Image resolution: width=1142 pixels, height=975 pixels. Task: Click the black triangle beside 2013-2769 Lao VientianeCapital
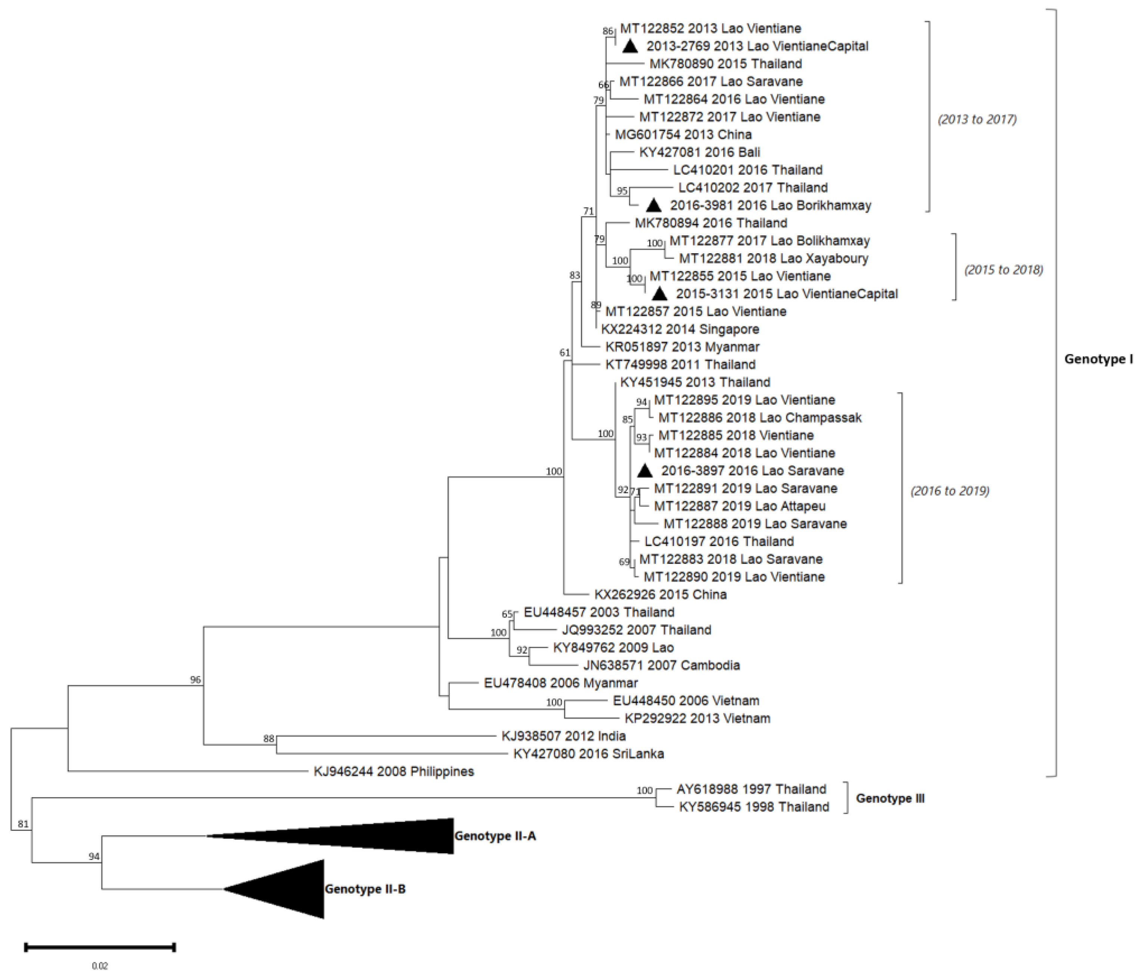(630, 47)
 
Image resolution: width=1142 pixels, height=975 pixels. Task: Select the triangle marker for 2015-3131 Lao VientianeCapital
(660, 294)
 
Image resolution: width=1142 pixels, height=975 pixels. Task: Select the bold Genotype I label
(1098, 359)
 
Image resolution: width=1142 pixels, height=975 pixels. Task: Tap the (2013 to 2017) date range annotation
(977, 119)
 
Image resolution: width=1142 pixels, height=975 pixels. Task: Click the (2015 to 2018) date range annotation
(1003, 270)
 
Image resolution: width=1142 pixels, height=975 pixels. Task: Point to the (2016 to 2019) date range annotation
(950, 491)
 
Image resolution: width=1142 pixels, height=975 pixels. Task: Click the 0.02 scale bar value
(100, 966)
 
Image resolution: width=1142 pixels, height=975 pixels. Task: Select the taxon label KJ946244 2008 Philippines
(393, 771)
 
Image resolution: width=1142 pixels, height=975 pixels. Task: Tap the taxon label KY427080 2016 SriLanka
(589, 754)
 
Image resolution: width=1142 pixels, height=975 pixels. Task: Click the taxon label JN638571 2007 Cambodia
(662, 665)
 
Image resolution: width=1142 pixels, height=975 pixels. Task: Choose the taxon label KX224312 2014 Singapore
(680, 330)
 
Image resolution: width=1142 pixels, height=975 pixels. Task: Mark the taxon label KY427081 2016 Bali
(699, 152)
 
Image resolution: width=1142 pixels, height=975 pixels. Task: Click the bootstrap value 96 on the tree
(196, 680)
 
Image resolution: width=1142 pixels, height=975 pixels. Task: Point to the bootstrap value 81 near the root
(23, 825)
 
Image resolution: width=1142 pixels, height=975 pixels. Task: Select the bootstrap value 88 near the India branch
(268, 739)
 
